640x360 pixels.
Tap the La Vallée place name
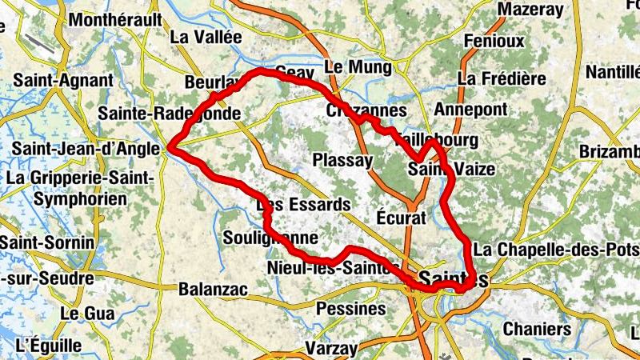pos(206,37)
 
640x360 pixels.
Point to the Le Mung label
pos(357,66)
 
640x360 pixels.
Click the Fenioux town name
pos(494,40)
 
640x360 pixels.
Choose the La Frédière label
pos(502,78)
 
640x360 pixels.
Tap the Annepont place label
pos(470,109)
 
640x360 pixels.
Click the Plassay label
pos(342,160)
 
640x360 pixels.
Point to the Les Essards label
pos(303,205)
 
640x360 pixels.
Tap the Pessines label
pos(351,308)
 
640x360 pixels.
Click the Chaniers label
pos(537,329)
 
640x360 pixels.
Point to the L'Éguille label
pos(49,346)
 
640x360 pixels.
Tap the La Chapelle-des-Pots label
pos(556,250)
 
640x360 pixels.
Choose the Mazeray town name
pos(530,10)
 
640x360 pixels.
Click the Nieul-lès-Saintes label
pos(334,268)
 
